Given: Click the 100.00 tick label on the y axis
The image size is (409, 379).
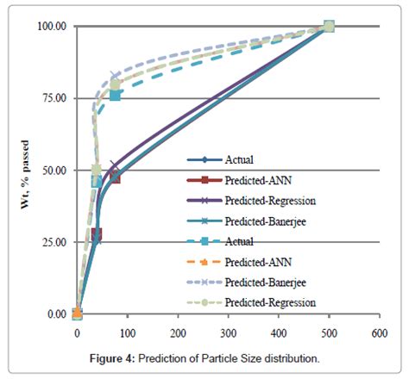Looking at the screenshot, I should [x=51, y=26].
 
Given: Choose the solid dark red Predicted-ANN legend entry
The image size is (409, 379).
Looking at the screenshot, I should [x=250, y=180].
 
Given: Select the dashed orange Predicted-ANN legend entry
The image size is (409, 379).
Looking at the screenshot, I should [x=250, y=262].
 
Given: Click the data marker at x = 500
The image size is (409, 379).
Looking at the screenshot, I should [x=328, y=27].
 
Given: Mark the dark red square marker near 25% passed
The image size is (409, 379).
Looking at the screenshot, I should [x=96, y=234].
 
